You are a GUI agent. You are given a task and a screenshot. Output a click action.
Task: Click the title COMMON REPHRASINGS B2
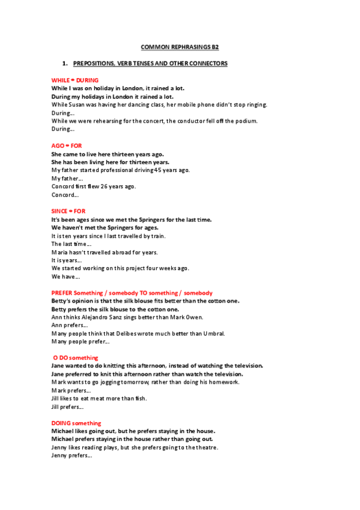180,46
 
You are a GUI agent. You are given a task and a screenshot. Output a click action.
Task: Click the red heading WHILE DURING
75,80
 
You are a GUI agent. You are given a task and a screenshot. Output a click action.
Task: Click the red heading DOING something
76,423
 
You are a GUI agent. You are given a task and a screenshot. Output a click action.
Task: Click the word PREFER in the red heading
62,292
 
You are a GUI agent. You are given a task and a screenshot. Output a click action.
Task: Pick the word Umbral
213,333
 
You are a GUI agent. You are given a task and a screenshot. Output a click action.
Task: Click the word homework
224,382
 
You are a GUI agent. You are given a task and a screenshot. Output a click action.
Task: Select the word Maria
60,252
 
